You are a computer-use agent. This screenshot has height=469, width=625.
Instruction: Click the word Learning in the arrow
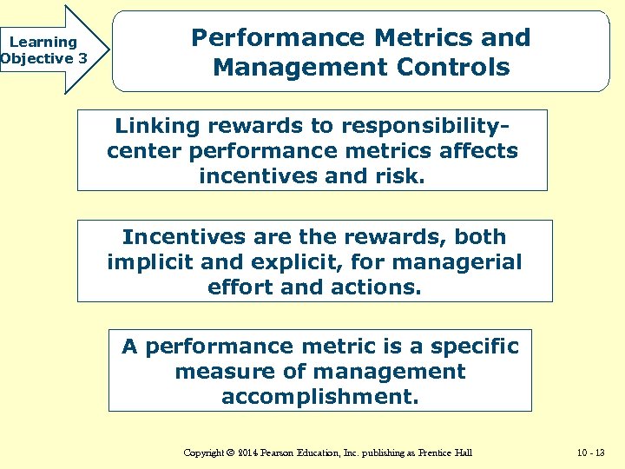pyautogui.click(x=43, y=42)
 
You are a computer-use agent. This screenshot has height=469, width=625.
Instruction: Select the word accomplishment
pyautogui.click(x=319, y=397)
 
